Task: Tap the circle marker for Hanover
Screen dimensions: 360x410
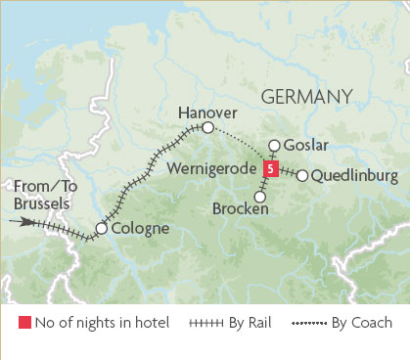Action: tap(207, 128)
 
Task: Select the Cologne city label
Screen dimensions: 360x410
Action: tap(141, 229)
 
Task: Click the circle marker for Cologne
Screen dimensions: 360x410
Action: tap(101, 230)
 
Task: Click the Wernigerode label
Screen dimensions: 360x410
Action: tap(214, 168)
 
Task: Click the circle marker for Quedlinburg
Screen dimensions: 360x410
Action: tap(302, 176)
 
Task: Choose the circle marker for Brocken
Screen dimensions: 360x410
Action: tap(259, 197)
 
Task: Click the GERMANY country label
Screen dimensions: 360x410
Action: tap(305, 96)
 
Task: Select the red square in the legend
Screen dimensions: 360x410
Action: tap(23, 322)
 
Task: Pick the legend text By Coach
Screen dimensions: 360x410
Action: tap(360, 322)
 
